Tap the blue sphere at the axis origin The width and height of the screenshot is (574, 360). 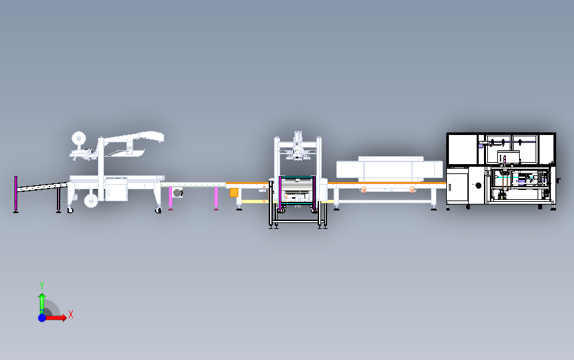point(42,318)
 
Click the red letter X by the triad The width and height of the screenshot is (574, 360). point(71,314)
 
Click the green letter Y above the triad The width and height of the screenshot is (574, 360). point(42,286)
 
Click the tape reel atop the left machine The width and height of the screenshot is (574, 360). point(78,139)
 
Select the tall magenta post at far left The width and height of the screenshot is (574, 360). point(16,194)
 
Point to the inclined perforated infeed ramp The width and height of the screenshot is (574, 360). point(42,187)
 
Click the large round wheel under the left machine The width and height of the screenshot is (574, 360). point(91,200)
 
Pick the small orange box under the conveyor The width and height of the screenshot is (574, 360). point(234,193)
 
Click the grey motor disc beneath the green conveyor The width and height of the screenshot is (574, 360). point(177,193)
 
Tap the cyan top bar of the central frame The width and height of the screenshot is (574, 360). point(297,177)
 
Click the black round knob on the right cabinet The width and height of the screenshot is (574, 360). point(478,185)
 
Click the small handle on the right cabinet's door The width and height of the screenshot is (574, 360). point(450,187)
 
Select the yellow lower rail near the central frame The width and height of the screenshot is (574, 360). point(255,202)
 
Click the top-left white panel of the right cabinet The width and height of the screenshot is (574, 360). point(463,150)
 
